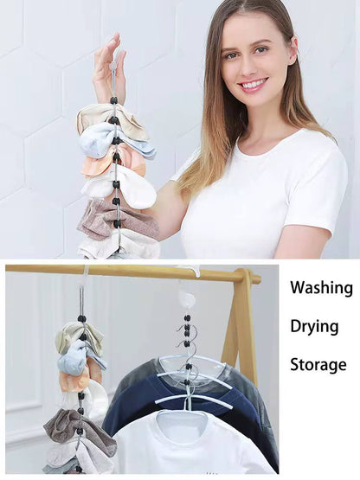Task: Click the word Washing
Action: click(321, 288)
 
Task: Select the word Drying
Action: click(314, 325)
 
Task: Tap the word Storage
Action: click(318, 364)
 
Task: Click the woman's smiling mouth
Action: click(254, 85)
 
